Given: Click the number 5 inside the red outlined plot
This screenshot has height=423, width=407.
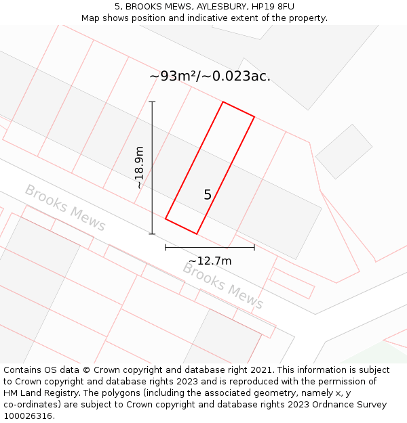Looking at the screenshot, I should coord(208,195).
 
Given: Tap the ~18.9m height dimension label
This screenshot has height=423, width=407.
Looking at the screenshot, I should coord(139,167).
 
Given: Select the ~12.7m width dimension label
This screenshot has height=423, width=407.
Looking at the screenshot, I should coord(210,261).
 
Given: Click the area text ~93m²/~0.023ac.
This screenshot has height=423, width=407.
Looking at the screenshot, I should coord(210,76).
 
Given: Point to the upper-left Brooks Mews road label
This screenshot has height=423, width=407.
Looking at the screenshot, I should coord(65,208).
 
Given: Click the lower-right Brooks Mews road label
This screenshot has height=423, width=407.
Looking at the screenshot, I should coord(222,286).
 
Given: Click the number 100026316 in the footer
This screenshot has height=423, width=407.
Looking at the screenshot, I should coord(26,416).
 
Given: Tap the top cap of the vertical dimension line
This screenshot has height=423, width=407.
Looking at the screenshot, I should coord(152,102).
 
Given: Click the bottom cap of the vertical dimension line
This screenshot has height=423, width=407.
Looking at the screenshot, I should coord(152,234).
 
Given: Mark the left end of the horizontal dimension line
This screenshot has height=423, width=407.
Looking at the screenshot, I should coord(166,248).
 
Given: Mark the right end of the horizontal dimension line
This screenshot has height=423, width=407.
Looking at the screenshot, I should coord(254,248).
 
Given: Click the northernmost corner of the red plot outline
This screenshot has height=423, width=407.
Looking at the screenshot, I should coord(223,102).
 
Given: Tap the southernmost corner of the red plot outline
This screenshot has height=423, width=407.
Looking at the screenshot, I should coord(197,234).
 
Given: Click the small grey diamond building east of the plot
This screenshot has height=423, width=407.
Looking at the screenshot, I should coord(344,151).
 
